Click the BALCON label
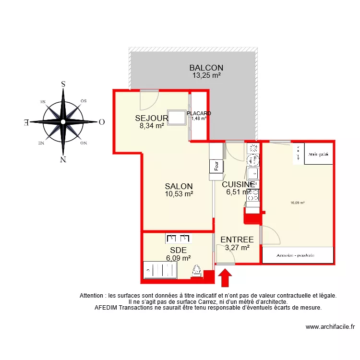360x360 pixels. click(206, 68)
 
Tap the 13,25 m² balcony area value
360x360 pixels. click(206, 75)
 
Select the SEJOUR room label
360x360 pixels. click(151, 118)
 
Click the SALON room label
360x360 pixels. click(179, 186)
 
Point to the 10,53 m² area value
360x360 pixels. click(179, 194)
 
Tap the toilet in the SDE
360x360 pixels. click(197, 271)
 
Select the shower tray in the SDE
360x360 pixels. click(160, 270)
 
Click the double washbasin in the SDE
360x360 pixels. click(179, 238)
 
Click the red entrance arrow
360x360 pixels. click(226, 277)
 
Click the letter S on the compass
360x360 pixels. click(63, 84)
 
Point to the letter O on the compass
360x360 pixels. click(101, 122)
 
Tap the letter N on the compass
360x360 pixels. click(63, 160)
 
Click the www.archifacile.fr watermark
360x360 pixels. click(331, 327)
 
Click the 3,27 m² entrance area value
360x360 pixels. click(237, 248)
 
